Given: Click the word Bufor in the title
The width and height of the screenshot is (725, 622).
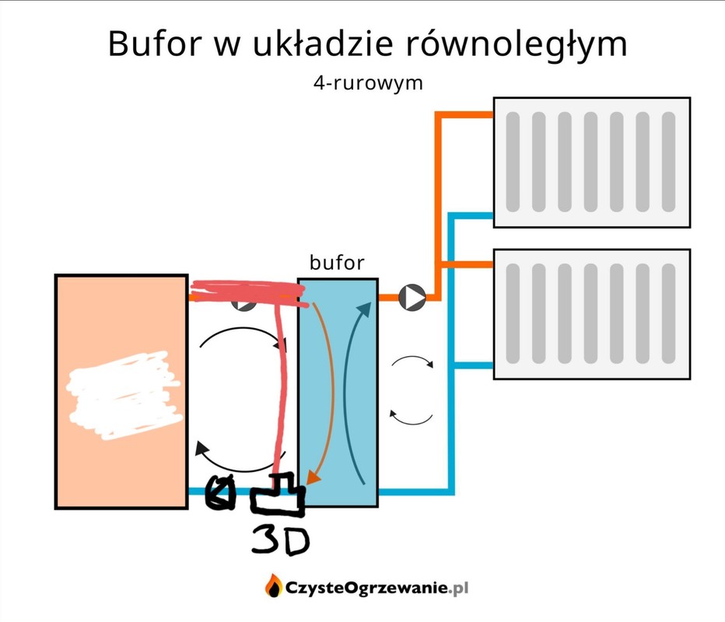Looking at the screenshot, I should pos(152,44).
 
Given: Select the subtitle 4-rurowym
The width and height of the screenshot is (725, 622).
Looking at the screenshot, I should pos(368,82).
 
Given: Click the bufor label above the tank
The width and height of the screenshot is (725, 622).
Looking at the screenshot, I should pos(336,263).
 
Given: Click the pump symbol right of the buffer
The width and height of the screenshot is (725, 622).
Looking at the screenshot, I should pos(412,296).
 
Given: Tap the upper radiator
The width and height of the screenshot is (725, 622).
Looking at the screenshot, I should pos(591,162).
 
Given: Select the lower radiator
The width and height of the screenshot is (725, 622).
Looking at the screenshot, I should pos(591,313).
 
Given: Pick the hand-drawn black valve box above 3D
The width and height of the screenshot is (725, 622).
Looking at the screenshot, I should pos(278,495).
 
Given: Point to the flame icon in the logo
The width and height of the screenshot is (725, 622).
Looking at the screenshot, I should pos(273,585).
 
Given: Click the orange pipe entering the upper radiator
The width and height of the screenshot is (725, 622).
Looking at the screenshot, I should pos(465,116).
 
